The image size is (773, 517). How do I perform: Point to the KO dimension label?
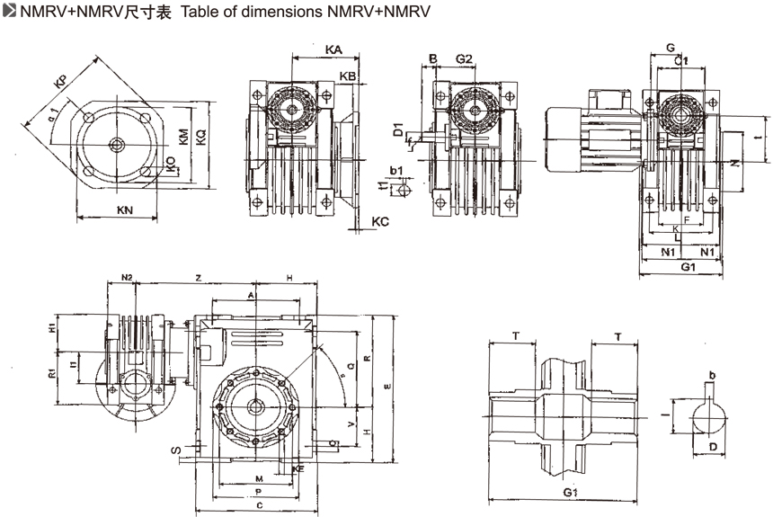(x=171, y=163)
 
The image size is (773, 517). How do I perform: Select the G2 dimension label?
(x=464, y=59)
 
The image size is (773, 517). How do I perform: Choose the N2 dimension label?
(x=127, y=278)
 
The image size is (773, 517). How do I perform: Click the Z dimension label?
(x=199, y=278)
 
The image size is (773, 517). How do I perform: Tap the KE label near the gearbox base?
(x=298, y=468)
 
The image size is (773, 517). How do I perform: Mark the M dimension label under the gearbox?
(x=259, y=477)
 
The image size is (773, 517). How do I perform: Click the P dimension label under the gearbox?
(x=258, y=493)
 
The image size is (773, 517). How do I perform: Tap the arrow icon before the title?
(x=9, y=12)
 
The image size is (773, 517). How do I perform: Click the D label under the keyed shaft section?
(x=711, y=447)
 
